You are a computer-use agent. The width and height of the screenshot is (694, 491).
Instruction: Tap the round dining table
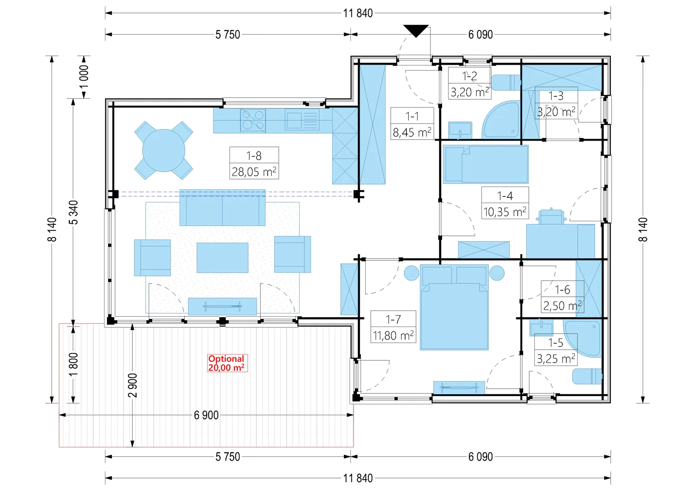[164, 151]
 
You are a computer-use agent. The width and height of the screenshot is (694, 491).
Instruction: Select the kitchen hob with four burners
[253, 120]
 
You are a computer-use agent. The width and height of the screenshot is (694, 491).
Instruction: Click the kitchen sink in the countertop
[302, 121]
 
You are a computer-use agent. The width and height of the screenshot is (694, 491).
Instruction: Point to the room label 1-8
[254, 156]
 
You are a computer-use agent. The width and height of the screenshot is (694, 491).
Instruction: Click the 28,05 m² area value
[254, 172]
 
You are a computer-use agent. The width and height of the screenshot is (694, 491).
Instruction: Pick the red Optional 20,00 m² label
[227, 363]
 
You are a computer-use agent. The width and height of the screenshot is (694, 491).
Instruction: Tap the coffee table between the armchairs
[223, 257]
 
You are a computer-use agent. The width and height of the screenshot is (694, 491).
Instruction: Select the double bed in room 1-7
[454, 307]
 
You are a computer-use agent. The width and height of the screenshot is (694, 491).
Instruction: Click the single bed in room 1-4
[486, 164]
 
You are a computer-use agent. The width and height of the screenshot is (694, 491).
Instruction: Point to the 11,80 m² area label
[393, 335]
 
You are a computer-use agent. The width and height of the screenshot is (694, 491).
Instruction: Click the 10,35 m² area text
[505, 212]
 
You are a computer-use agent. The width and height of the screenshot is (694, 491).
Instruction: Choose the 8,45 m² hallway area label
[412, 132]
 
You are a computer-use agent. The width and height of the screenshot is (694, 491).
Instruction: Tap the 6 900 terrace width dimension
[206, 415]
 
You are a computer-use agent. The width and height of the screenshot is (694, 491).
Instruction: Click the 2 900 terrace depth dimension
[132, 385]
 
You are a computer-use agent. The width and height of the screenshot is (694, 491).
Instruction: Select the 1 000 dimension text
[84, 77]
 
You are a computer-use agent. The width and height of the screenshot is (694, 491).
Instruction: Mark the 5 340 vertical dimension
[74, 212]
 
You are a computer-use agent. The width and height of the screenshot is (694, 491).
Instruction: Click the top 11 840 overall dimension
[358, 13]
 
